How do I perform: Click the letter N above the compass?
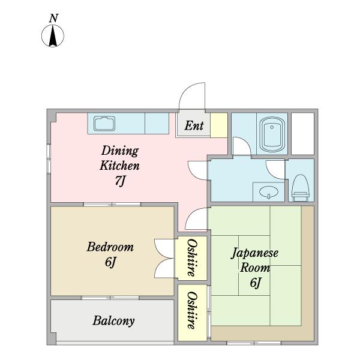click(x=53, y=19)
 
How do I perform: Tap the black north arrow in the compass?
click(x=53, y=35)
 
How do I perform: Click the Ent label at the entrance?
click(x=194, y=125)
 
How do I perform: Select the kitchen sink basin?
click(x=104, y=124)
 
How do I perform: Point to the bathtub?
click(x=272, y=134)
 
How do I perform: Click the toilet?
click(x=301, y=188)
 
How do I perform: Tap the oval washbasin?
click(x=269, y=191)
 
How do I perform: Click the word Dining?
click(x=120, y=151)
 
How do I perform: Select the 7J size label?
click(x=120, y=181)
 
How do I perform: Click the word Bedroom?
click(x=110, y=247)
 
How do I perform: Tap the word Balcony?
click(x=113, y=321)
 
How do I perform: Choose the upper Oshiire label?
click(x=192, y=257)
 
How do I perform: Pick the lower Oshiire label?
click(x=192, y=310)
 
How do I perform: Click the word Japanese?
click(x=254, y=253)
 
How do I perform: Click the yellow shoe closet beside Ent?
click(x=219, y=125)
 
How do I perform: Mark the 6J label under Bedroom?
click(x=110, y=262)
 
